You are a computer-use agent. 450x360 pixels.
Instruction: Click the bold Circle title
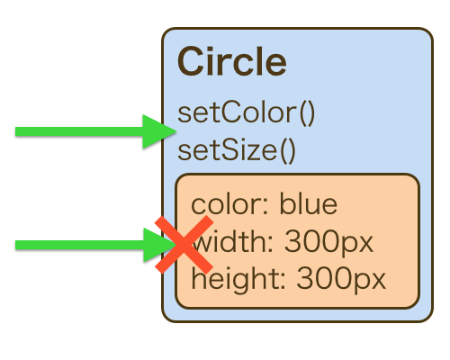232,61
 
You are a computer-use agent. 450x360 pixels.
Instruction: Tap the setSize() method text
237,150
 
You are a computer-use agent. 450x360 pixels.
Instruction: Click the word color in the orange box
226,204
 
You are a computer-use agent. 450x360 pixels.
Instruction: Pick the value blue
309,204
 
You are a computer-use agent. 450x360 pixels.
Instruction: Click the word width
229,241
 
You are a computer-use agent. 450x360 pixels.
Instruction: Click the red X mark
184,245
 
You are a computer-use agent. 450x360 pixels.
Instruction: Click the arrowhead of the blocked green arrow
159,245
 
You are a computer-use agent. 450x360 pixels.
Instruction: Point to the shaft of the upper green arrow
79,131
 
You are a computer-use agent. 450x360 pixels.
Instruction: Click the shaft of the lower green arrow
79,245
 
